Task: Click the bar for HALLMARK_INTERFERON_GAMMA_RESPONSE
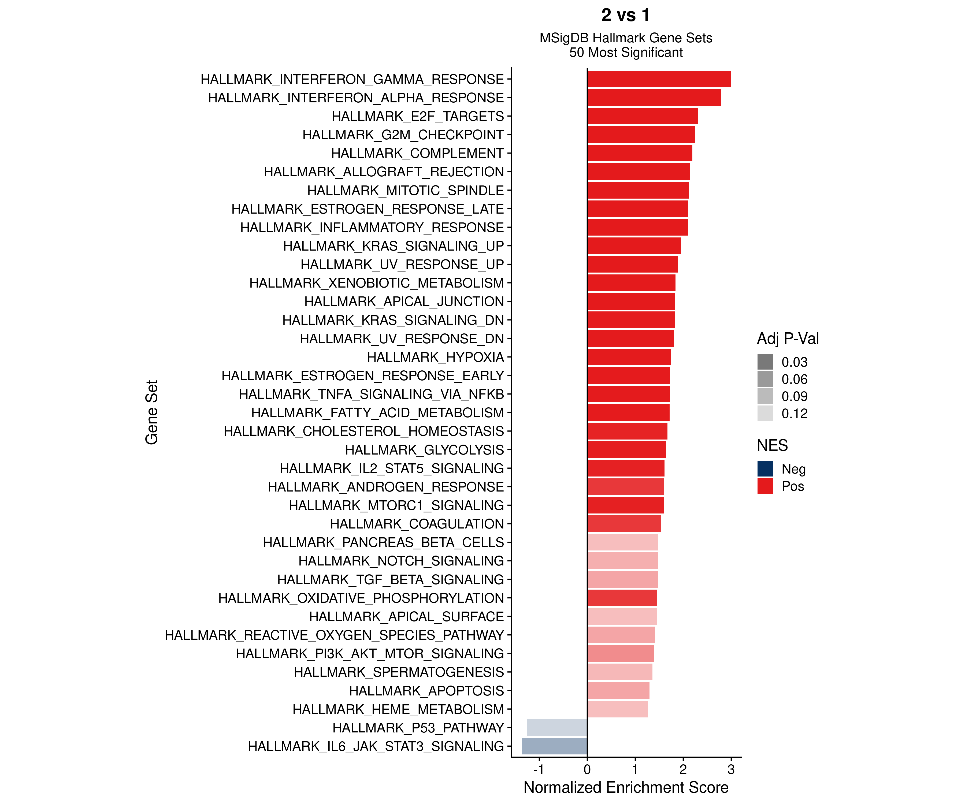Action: point(659,79)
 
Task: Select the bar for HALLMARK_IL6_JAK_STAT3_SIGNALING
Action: point(554,746)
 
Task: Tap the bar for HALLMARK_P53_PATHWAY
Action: point(557,728)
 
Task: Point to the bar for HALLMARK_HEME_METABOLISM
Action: point(617,709)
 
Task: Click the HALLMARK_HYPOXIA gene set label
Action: point(435,357)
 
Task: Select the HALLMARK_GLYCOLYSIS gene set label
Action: point(424,450)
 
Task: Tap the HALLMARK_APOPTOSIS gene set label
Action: point(426,691)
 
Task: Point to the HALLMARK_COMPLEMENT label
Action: point(417,153)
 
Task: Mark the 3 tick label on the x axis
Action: point(731,769)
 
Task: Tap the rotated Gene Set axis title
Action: point(152,412)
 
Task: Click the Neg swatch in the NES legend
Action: point(765,469)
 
